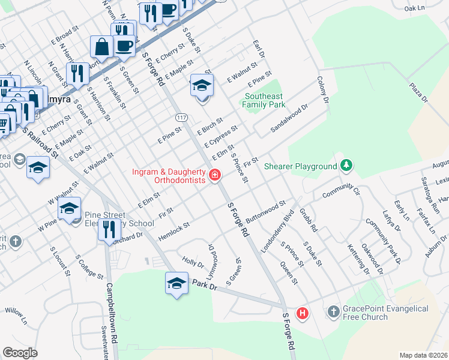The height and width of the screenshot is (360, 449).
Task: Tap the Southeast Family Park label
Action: [264, 100]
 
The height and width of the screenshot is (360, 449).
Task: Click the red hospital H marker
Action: [303, 313]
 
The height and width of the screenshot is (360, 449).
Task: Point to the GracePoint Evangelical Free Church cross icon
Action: [333, 312]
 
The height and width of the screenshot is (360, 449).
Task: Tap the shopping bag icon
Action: [101, 47]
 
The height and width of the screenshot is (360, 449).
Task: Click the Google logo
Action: [20, 352]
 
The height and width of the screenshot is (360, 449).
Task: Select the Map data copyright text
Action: [423, 355]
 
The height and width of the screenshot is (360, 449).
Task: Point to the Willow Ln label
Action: [16, 317]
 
